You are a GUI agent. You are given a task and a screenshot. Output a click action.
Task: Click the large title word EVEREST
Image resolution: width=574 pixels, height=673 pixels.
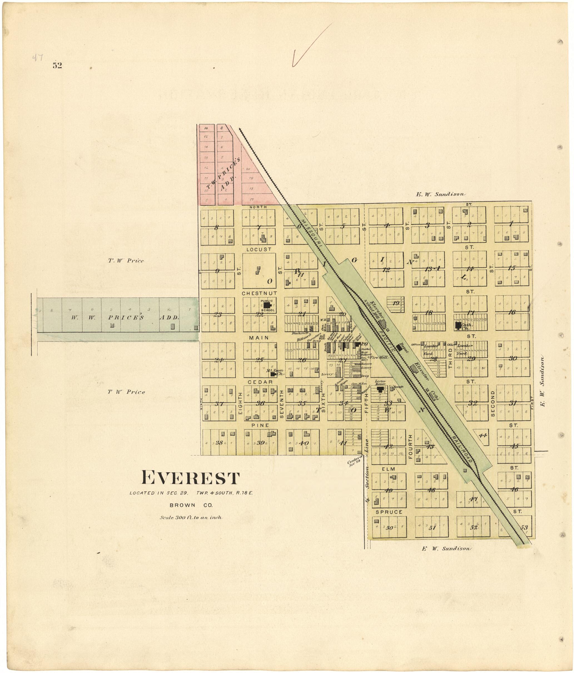coord(191,478)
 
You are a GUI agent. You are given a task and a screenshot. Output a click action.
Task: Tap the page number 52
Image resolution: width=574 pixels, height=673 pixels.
coord(57,66)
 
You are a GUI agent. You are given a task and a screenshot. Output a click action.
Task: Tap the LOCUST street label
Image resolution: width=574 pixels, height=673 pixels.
coord(259,249)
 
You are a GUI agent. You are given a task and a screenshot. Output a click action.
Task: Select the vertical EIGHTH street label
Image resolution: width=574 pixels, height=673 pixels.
coord(241,403)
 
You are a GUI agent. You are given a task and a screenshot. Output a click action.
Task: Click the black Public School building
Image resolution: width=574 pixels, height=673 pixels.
coord(267,305)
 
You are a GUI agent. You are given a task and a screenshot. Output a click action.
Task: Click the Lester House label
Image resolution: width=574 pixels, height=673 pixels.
coord(380,382)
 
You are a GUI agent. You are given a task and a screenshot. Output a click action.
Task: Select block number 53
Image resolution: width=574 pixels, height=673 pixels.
coord(524,528)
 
